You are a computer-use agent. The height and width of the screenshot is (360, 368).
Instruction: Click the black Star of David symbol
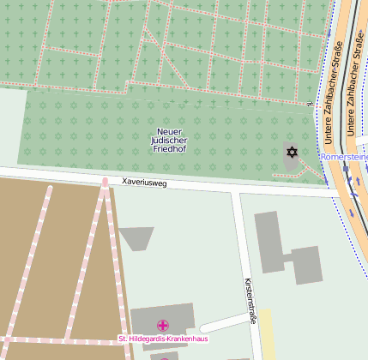(292, 153)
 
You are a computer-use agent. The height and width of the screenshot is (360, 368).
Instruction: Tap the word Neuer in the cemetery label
(169, 131)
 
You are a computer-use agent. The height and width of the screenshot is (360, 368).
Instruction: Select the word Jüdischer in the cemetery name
(169, 141)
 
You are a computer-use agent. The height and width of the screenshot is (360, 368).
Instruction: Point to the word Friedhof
(169, 150)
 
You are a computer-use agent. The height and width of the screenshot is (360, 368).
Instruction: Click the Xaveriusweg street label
(144, 183)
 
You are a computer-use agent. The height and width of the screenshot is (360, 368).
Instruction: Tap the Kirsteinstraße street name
(250, 296)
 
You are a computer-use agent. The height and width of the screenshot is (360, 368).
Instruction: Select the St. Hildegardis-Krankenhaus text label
(163, 339)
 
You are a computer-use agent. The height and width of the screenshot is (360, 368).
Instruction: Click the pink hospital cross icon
(163, 326)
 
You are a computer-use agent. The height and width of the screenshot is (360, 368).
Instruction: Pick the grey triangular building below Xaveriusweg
(136, 237)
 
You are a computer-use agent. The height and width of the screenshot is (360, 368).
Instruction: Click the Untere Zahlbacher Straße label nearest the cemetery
(336, 81)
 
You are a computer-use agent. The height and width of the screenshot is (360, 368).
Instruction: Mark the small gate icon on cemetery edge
(310, 104)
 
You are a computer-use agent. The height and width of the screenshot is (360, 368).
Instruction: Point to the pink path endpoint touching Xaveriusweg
(105, 182)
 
